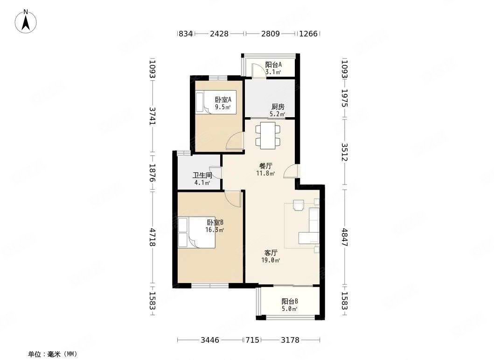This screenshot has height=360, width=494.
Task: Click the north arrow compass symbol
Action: [26, 21]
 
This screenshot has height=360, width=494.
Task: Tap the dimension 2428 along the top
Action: [219, 34]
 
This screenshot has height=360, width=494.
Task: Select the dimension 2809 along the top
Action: [270, 34]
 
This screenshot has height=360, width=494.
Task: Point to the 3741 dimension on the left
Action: [153, 116]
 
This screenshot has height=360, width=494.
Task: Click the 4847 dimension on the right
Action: [345, 237]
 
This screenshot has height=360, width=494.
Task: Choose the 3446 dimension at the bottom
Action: [210, 340]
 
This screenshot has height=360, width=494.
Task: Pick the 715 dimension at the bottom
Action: [252, 340]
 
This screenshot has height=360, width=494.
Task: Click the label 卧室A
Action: [223, 99]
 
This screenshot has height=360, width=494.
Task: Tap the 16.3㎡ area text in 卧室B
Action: [215, 230]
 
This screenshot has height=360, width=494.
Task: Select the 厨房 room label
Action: [278, 107]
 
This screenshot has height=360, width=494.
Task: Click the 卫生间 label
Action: [202, 175]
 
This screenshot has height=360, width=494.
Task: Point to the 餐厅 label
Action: [265, 166]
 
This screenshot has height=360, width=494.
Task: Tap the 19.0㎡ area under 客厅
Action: [271, 261]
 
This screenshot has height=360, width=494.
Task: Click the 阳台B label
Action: [290, 301]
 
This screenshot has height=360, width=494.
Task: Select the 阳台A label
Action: [273, 65]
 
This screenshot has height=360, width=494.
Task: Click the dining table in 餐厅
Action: [268, 135]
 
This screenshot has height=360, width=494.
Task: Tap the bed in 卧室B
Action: [197, 233]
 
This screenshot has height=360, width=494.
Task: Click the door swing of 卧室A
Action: [235, 141]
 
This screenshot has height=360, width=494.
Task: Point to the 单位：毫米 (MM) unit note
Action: [53, 354]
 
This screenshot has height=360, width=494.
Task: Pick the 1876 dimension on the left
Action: [153, 173]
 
